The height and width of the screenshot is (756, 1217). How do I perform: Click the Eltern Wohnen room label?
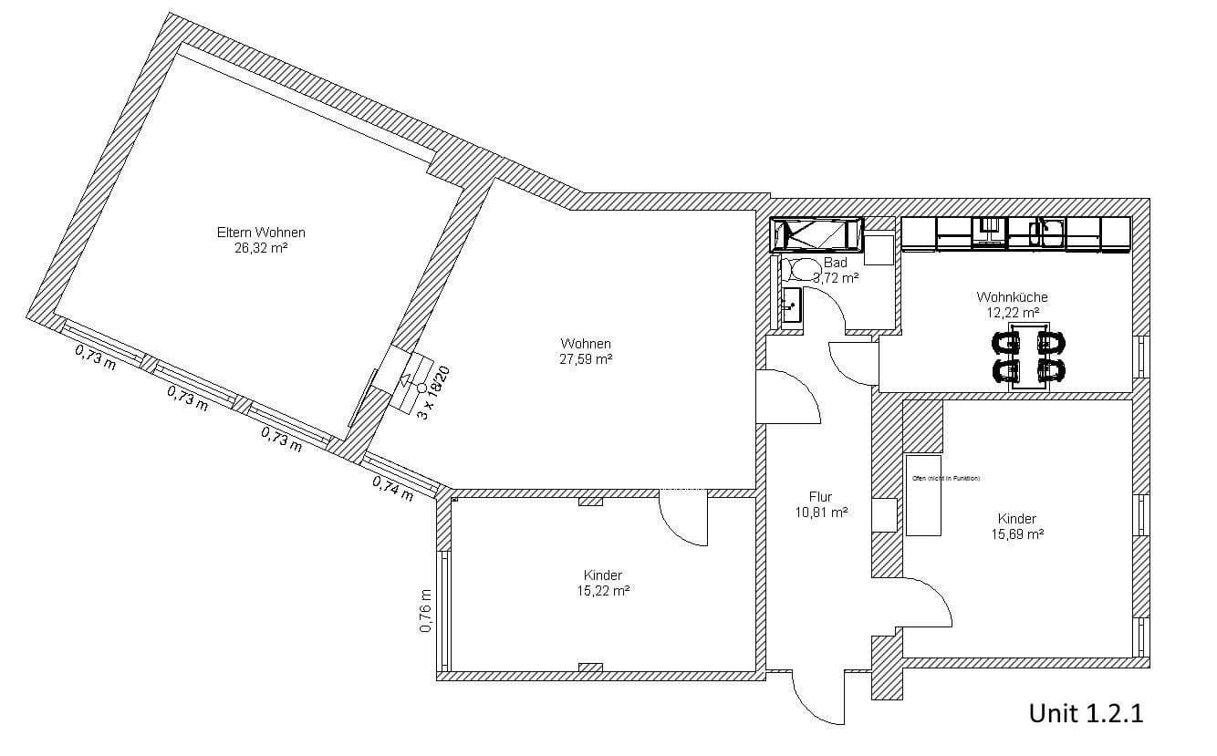click(261, 233)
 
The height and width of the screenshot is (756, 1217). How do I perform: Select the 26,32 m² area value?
click(261, 247)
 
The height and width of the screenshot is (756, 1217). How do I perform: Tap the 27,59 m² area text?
click(586, 359)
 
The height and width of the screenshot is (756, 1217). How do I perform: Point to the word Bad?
click(835, 263)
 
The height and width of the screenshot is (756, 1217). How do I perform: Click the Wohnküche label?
click(1012, 297)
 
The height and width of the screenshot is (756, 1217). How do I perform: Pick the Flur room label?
click(820, 497)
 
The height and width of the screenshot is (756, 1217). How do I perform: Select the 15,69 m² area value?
click(1017, 534)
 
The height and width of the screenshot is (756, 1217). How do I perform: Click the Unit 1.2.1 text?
click(1086, 713)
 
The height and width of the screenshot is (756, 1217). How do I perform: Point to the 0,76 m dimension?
click(426, 612)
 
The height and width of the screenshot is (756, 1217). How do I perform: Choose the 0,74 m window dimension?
click(392, 489)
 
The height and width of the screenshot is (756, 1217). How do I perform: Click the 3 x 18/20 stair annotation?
click(434, 391)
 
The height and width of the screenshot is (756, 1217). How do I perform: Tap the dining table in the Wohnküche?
click(1028, 357)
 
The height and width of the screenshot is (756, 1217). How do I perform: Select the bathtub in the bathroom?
click(817, 234)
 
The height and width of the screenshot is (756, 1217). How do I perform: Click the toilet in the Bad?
click(804, 268)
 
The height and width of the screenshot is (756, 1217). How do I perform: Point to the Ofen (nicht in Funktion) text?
click(945, 478)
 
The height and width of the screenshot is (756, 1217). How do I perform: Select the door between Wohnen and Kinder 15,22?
click(685, 519)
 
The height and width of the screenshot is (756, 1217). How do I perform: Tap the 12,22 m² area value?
click(1012, 312)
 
